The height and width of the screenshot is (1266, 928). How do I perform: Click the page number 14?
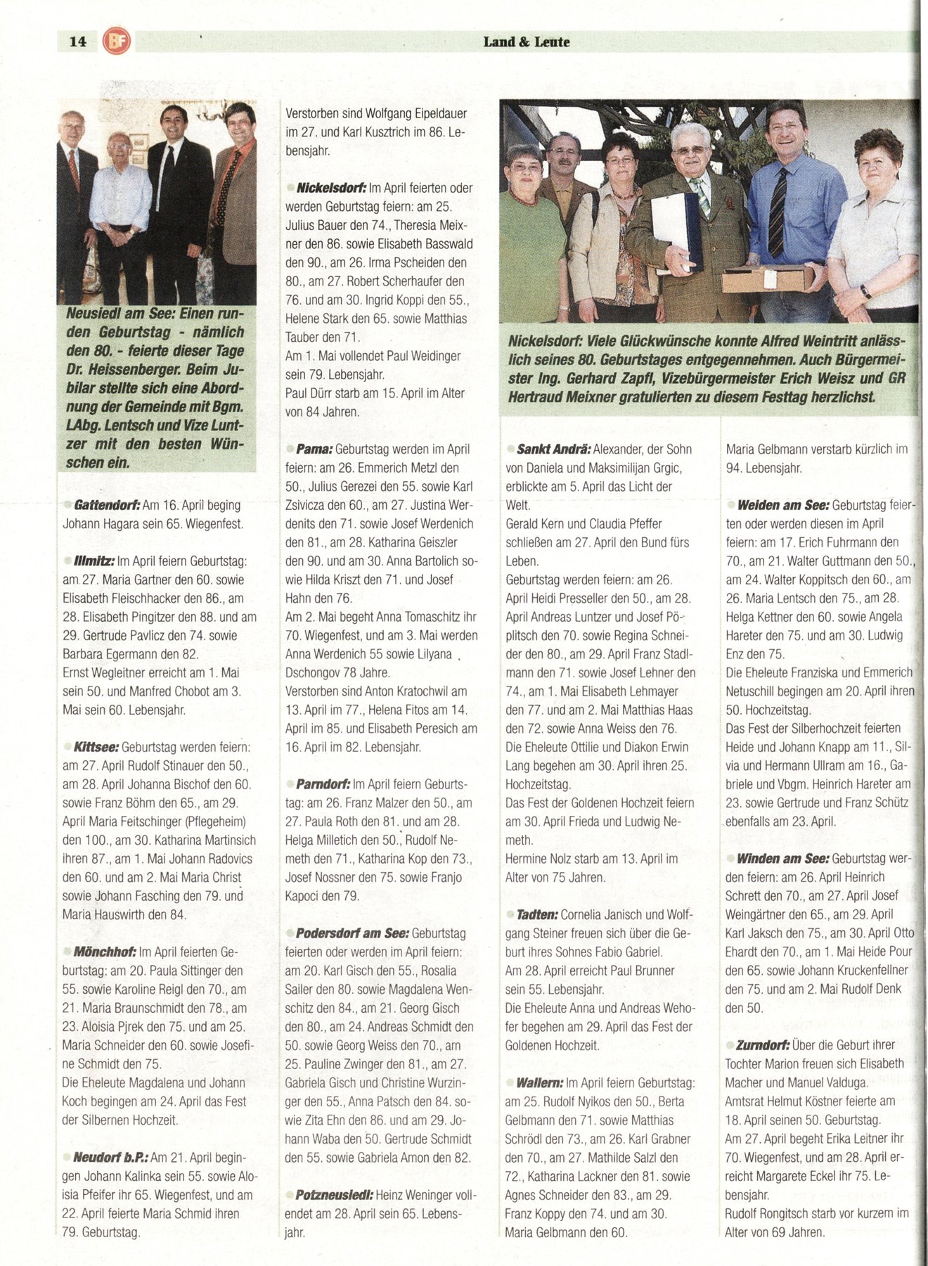tap(78, 41)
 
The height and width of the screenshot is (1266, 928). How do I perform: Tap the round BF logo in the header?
tap(116, 41)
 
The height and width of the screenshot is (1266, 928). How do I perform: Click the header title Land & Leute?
tap(526, 41)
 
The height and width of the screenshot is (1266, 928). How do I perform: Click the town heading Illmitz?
tap(94, 561)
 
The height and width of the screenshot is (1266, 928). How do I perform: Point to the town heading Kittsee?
tap(97, 747)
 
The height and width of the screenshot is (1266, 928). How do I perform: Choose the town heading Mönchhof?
tap(105, 952)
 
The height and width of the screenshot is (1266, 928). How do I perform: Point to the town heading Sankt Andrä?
tap(553, 449)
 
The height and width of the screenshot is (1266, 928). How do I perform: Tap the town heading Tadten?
tap(537, 915)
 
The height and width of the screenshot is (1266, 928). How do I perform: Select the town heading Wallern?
tap(539, 1083)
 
